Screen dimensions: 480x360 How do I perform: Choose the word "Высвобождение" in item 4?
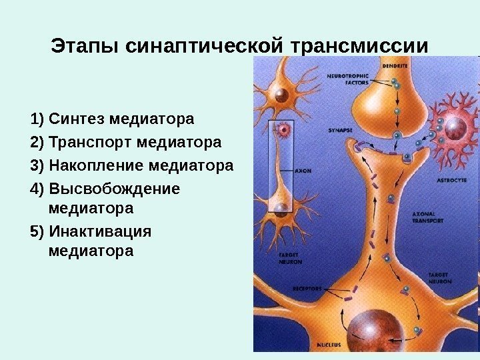tap(114, 188)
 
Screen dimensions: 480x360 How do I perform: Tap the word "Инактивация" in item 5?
tap(100, 231)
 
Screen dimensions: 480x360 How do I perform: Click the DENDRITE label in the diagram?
tap(395, 66)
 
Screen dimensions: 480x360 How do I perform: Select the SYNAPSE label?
tap(340, 131)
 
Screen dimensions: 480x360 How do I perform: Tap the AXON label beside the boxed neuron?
tap(303, 171)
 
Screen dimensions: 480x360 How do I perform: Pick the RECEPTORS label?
tap(307, 289)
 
